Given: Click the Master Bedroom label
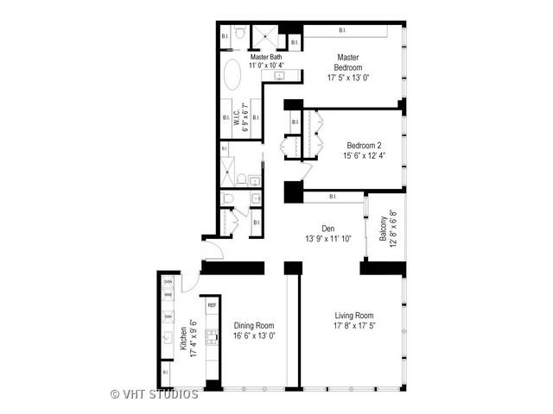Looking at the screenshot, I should [349, 62].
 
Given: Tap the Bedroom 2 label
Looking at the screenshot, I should [364, 145].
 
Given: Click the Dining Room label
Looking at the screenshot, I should [254, 326].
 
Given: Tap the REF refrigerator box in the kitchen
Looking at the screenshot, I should [212, 305].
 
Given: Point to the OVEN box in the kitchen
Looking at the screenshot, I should [168, 282].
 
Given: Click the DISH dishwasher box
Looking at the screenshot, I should [168, 316].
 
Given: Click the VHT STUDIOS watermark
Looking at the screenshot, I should [155, 394].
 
